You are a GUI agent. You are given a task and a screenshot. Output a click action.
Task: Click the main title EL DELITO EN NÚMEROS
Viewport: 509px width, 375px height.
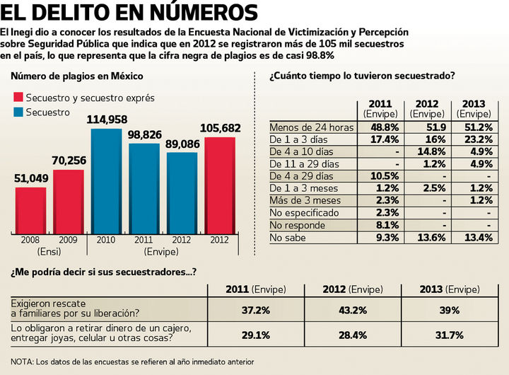point(129,12)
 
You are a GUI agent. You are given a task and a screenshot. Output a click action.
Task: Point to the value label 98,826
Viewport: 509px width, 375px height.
point(144,134)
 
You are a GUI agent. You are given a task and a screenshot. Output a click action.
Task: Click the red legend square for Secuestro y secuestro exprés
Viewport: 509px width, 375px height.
point(18,98)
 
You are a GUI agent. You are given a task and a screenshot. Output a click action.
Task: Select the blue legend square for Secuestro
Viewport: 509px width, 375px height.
point(18,112)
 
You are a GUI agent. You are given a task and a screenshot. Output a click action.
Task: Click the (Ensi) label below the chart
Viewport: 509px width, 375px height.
point(48,252)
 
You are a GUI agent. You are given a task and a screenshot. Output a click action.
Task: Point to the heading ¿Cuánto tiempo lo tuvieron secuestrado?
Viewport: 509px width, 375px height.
point(361,76)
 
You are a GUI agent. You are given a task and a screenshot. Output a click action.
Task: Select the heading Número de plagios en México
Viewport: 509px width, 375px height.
point(77,76)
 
